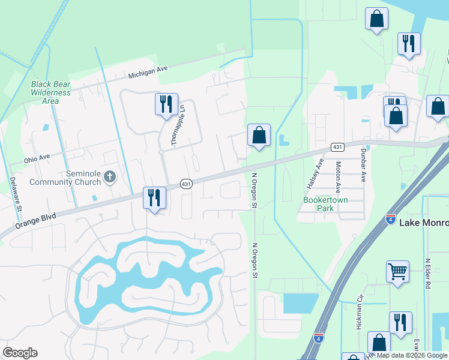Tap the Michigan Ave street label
148,72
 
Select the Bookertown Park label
326,203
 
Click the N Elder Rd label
428,274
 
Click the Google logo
20,353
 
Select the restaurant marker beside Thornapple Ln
166,104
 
